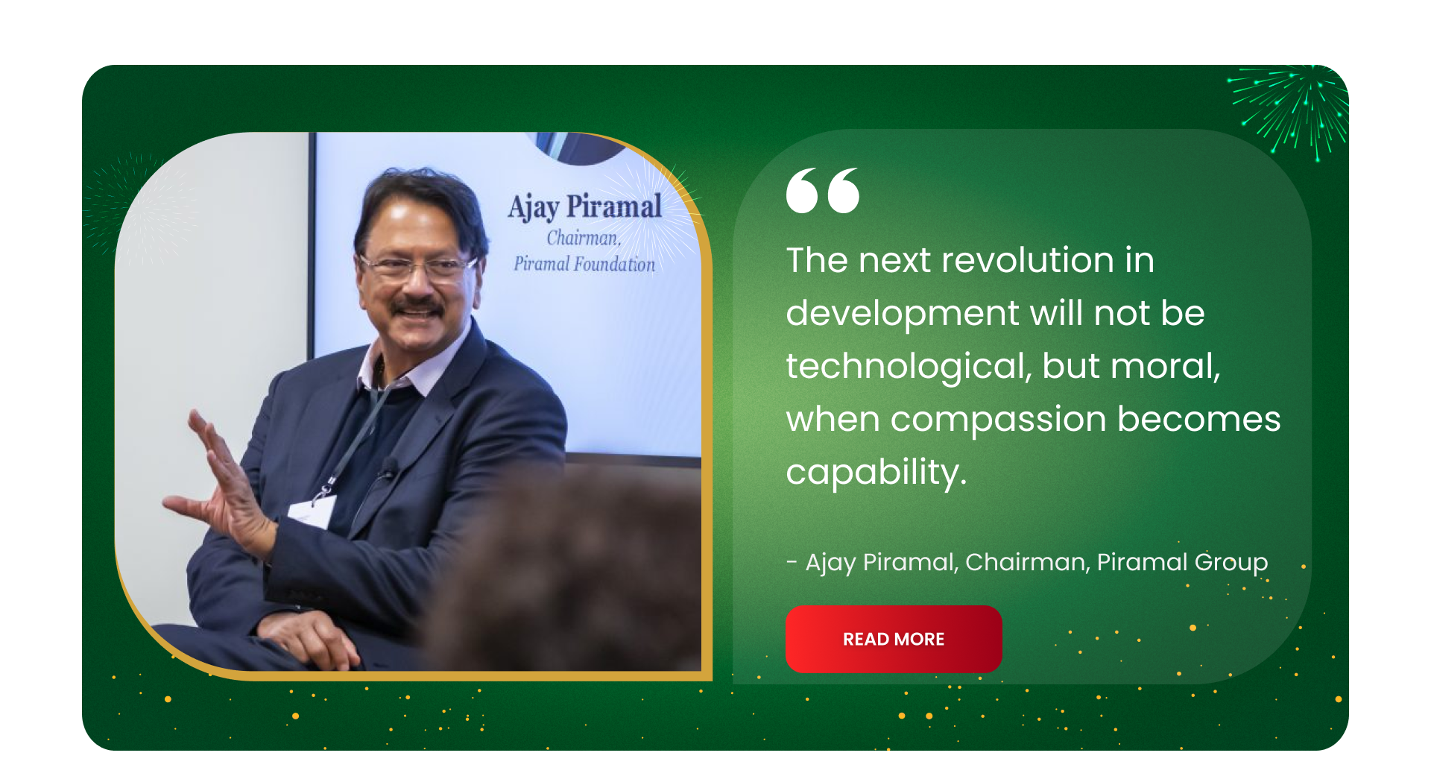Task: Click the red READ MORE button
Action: point(894,639)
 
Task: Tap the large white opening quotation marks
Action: point(823,190)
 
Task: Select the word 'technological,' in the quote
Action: point(908,367)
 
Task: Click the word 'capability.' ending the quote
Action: point(876,473)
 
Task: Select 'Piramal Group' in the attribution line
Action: point(1182,562)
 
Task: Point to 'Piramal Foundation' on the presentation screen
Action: point(584,264)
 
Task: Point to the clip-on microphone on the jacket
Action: point(388,467)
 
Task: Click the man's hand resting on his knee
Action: point(313,637)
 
